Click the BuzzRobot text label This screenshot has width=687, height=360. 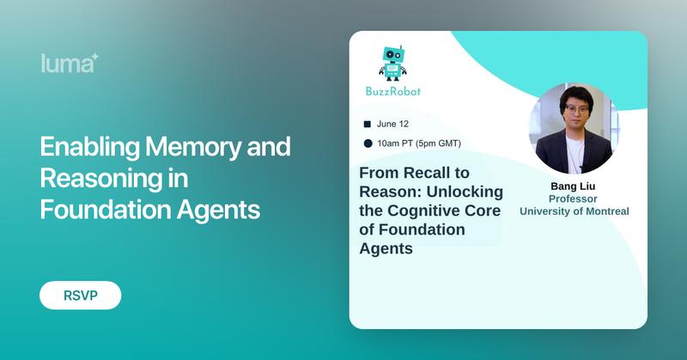(392, 90)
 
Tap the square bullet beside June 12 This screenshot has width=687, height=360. (368, 124)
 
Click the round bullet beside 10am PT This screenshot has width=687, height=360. (368, 143)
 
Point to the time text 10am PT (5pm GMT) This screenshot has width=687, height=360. (417, 143)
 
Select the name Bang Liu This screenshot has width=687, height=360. (572, 186)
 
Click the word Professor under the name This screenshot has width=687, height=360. (572, 198)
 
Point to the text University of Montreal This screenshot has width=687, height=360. (572, 211)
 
